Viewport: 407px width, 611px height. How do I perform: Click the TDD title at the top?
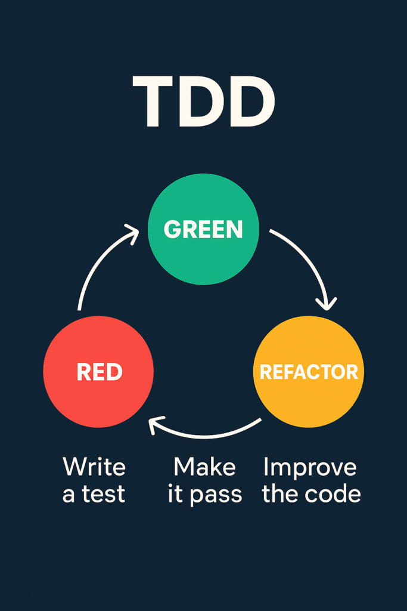tap(203, 102)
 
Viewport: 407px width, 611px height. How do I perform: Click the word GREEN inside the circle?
tap(203, 230)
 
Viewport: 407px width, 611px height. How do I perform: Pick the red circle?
tap(98, 394)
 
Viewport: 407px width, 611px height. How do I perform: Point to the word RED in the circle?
tap(100, 372)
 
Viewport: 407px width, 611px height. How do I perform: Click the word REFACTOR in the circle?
tap(309, 372)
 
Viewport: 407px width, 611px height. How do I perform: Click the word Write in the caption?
tap(94, 467)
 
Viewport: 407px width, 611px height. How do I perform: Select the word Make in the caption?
tap(204, 467)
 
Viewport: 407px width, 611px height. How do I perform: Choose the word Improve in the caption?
tap(310, 467)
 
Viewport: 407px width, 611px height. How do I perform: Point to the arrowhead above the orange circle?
tap(325, 304)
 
